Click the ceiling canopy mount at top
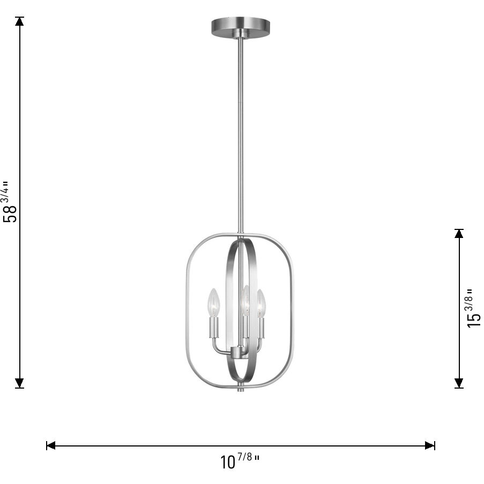(241, 26)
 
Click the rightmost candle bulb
(260, 304)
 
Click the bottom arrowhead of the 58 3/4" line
(20, 382)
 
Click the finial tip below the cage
(240, 388)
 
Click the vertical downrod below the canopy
(240, 134)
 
